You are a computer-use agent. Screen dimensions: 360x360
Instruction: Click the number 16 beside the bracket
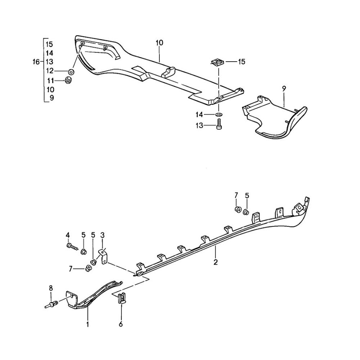[36, 62]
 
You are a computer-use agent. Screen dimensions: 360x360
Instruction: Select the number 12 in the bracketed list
[50, 71]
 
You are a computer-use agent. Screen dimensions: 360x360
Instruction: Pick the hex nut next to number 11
[68, 80]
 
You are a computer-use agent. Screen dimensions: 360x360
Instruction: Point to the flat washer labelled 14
[219, 115]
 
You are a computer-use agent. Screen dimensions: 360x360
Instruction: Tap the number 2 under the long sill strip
[216, 262]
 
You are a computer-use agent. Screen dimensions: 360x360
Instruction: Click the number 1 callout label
[87, 324]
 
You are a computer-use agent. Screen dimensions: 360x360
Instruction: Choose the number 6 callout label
[121, 324]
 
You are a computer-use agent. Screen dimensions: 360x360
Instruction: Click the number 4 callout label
[68, 235]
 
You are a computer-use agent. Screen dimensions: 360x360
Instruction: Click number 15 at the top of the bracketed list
[50, 44]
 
